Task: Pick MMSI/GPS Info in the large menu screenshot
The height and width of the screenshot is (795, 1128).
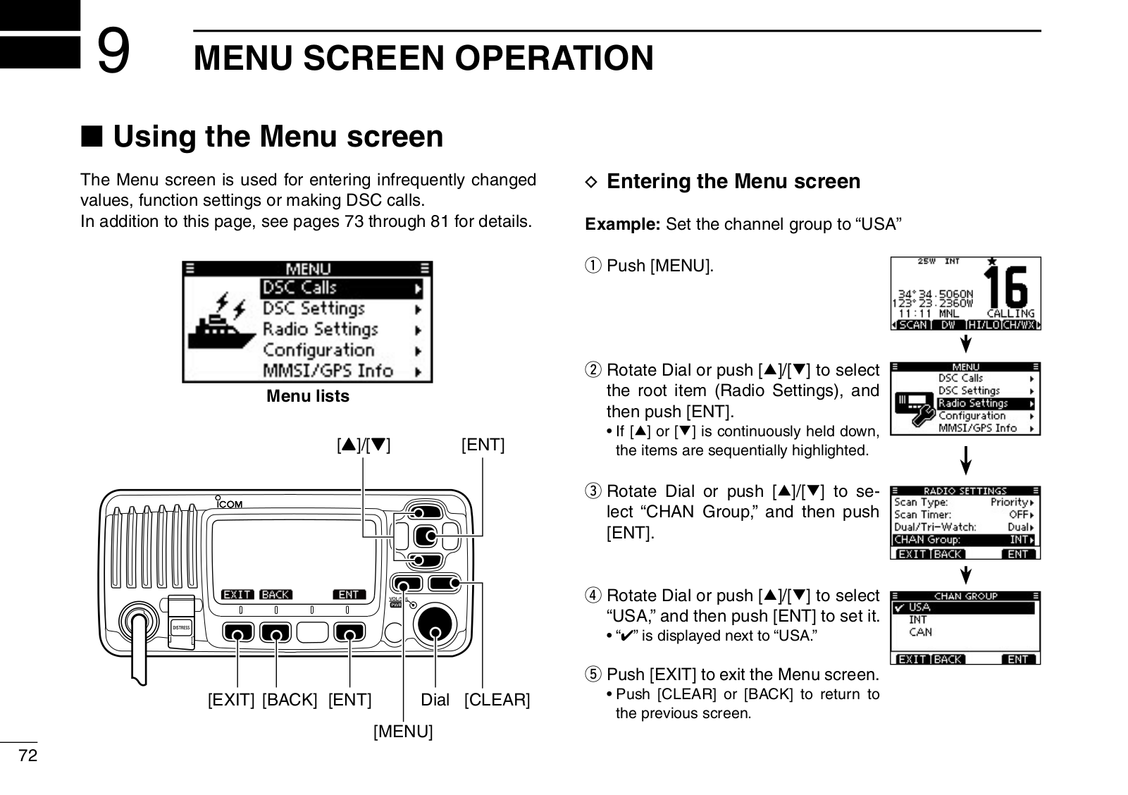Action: tap(328, 371)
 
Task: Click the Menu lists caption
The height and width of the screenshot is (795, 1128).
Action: tap(308, 397)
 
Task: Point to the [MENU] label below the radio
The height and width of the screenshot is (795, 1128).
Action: tap(402, 732)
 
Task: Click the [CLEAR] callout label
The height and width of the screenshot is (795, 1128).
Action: tap(497, 701)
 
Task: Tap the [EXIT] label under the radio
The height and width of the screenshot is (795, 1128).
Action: tap(231, 701)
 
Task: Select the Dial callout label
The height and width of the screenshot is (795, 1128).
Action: tap(435, 701)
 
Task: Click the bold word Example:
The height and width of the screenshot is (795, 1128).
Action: tap(623, 225)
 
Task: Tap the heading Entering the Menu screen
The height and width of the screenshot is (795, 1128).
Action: tap(733, 182)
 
